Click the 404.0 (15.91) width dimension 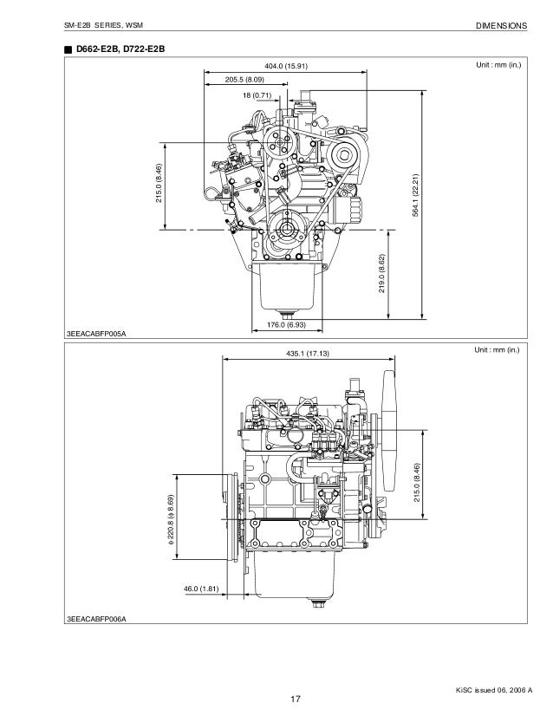[285, 66]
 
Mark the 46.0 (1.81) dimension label [201, 589]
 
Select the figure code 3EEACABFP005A [97, 334]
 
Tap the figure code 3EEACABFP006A [97, 619]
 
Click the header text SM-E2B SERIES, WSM [102, 26]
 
